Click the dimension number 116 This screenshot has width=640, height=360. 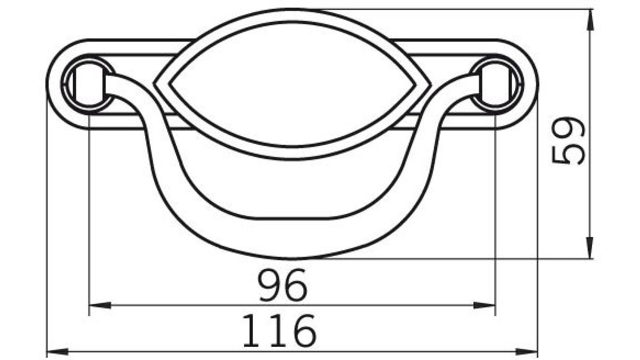point(279,330)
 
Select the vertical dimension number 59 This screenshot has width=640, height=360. point(568,140)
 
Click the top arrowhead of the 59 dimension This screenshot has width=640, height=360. point(589,20)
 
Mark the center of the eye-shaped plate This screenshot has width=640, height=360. point(293,84)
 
